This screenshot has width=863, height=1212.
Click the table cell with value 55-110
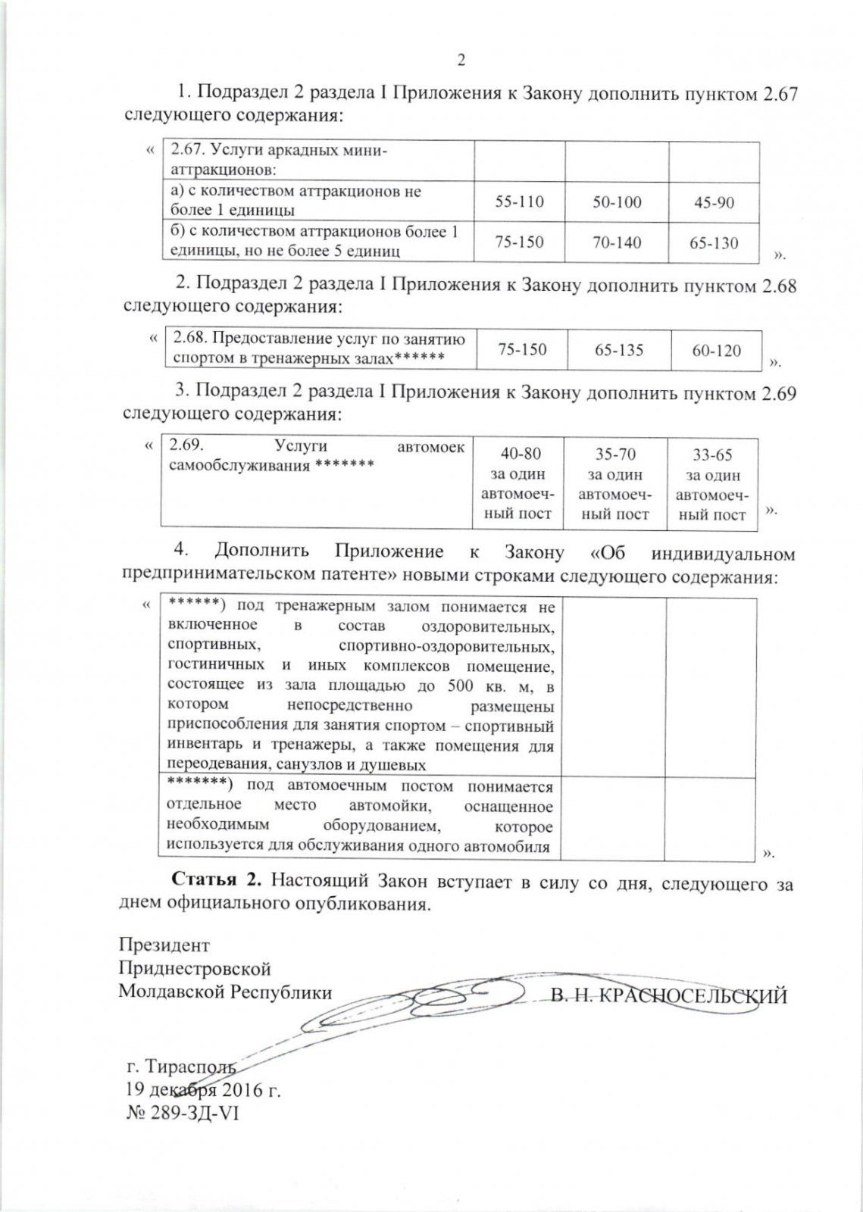tap(519, 202)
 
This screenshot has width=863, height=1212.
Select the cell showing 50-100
tap(617, 202)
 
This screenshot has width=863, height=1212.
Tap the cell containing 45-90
tap(714, 203)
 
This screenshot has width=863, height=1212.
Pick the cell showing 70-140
tap(617, 242)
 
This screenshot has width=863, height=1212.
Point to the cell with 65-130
tap(714, 243)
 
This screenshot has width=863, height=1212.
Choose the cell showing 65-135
tap(619, 350)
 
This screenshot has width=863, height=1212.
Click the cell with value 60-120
tap(717, 351)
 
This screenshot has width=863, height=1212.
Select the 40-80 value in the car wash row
tap(521, 454)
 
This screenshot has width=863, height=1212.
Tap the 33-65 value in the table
tap(712, 455)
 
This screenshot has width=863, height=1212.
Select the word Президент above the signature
tap(164, 945)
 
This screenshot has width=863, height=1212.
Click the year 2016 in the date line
tap(241, 1090)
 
